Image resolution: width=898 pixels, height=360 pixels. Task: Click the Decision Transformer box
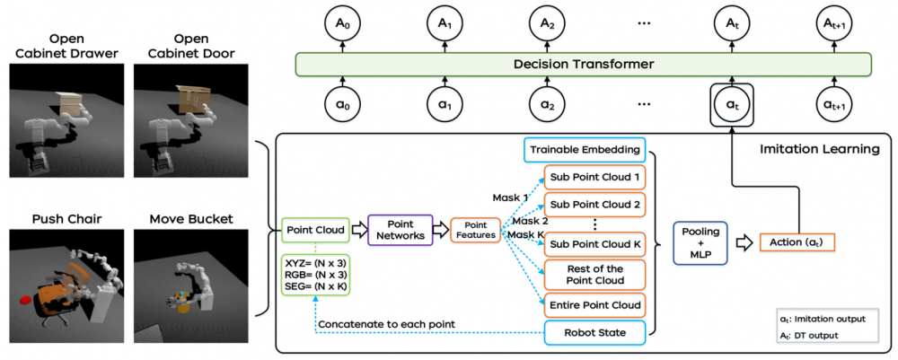pos(583,64)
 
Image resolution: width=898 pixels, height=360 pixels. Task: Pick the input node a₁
pos(442,105)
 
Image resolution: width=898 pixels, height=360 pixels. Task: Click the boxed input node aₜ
pos(730,105)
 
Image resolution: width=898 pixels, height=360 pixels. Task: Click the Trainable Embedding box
pos(585,151)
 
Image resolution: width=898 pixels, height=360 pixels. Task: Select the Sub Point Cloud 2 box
pos(594,205)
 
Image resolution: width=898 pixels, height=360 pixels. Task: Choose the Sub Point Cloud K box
pos(594,244)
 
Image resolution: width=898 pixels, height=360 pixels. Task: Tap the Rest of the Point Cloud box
pos(594,275)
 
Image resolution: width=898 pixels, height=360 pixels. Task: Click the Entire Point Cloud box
pos(594,304)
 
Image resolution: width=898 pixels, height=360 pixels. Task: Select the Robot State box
pos(594,331)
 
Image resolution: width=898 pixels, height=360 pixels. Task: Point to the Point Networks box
pos(400,230)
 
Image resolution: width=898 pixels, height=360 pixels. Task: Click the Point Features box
pos(475,230)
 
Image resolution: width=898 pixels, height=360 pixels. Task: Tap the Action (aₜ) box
pos(797,242)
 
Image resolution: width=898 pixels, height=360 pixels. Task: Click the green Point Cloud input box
pos(314,230)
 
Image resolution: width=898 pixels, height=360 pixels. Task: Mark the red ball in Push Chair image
pos(26,299)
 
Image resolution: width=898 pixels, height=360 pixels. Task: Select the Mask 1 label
pos(510,198)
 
